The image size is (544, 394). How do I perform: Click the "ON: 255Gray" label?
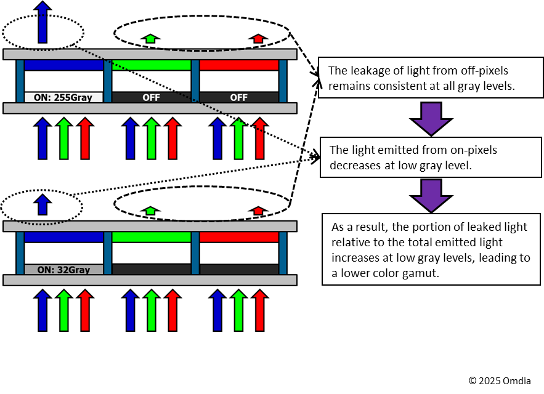pyautogui.click(x=63, y=97)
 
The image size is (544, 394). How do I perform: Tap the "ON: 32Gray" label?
pyautogui.click(x=63, y=270)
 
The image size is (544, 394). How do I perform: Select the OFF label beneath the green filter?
pyautogui.click(x=151, y=97)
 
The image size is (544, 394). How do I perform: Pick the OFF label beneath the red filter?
pyautogui.click(x=238, y=97)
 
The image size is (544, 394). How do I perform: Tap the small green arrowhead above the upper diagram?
pyautogui.click(x=150, y=39)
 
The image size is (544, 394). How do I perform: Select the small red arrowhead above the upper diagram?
pyautogui.click(x=258, y=39)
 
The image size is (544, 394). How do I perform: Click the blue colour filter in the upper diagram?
pyautogui.click(x=63, y=65)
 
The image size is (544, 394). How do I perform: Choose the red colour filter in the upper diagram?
pyautogui.click(x=238, y=65)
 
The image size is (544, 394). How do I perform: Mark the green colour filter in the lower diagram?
pyautogui.click(x=151, y=237)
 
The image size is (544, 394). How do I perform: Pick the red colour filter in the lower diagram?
pyautogui.click(x=238, y=237)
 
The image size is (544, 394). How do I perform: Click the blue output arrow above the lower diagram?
pyautogui.click(x=43, y=204)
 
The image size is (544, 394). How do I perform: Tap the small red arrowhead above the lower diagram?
pyautogui.click(x=258, y=211)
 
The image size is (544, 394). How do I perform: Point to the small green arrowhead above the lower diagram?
pyautogui.click(x=150, y=211)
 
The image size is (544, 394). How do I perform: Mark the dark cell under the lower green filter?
pyautogui.click(x=151, y=270)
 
